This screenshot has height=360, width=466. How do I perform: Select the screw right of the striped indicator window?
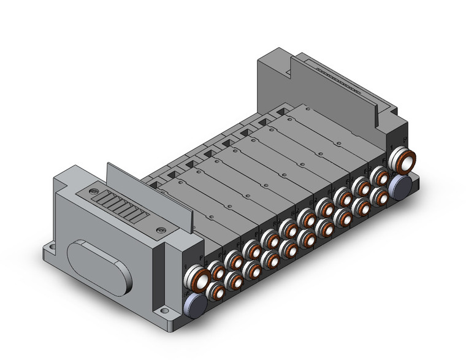coord(161,231)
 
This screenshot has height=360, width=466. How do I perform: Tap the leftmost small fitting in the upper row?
coord(218,269)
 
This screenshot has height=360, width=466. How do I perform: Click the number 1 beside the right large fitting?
coord(389,149)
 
